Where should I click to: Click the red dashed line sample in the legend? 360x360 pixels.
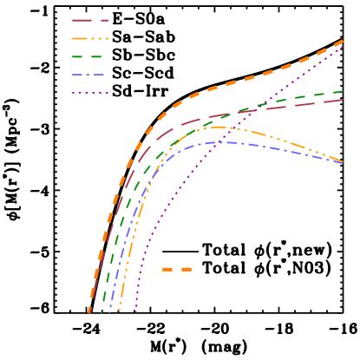click(x=90, y=20)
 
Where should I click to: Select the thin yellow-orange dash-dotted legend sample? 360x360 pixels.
click(x=90, y=38)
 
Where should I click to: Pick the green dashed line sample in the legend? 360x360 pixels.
click(x=90, y=56)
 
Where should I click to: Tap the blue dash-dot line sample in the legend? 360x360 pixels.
click(x=90, y=75)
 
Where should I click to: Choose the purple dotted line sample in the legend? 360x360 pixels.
click(x=90, y=93)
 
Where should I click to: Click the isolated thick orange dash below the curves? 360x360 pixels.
click(x=177, y=270)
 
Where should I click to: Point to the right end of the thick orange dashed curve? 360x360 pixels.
click(x=343, y=41)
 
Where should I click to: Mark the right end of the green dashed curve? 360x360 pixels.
click(x=343, y=91)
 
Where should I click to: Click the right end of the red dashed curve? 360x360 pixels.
click(x=343, y=100)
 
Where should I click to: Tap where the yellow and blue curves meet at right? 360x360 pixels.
click(x=342, y=162)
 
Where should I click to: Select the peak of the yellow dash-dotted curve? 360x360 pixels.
click(x=217, y=128)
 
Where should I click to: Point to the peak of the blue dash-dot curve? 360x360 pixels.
click(x=227, y=141)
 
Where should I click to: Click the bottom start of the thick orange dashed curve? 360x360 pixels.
click(x=89, y=311)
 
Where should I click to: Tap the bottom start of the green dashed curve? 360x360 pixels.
click(x=101, y=311)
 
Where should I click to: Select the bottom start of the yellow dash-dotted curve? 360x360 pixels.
click(x=119, y=311)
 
